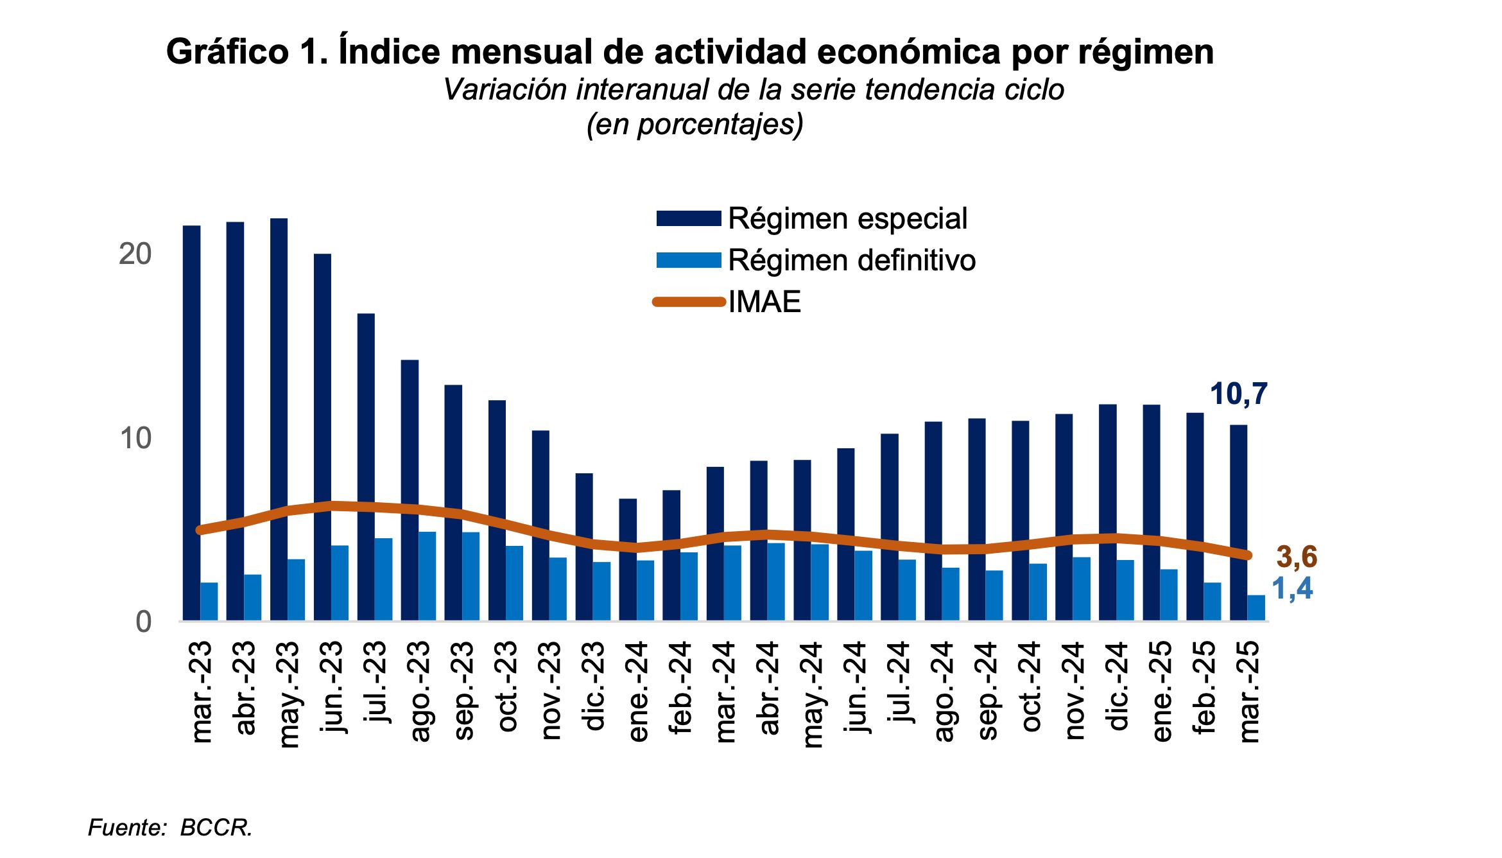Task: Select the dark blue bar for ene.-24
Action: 628,559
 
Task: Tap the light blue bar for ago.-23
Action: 427,576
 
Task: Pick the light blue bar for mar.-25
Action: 1256,608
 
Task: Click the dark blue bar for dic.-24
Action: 1107,512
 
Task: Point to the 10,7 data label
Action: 1239,394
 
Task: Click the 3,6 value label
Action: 1297,558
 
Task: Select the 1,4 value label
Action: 1292,589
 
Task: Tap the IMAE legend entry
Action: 764,302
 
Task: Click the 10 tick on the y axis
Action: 135,439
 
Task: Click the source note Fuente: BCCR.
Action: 170,828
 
